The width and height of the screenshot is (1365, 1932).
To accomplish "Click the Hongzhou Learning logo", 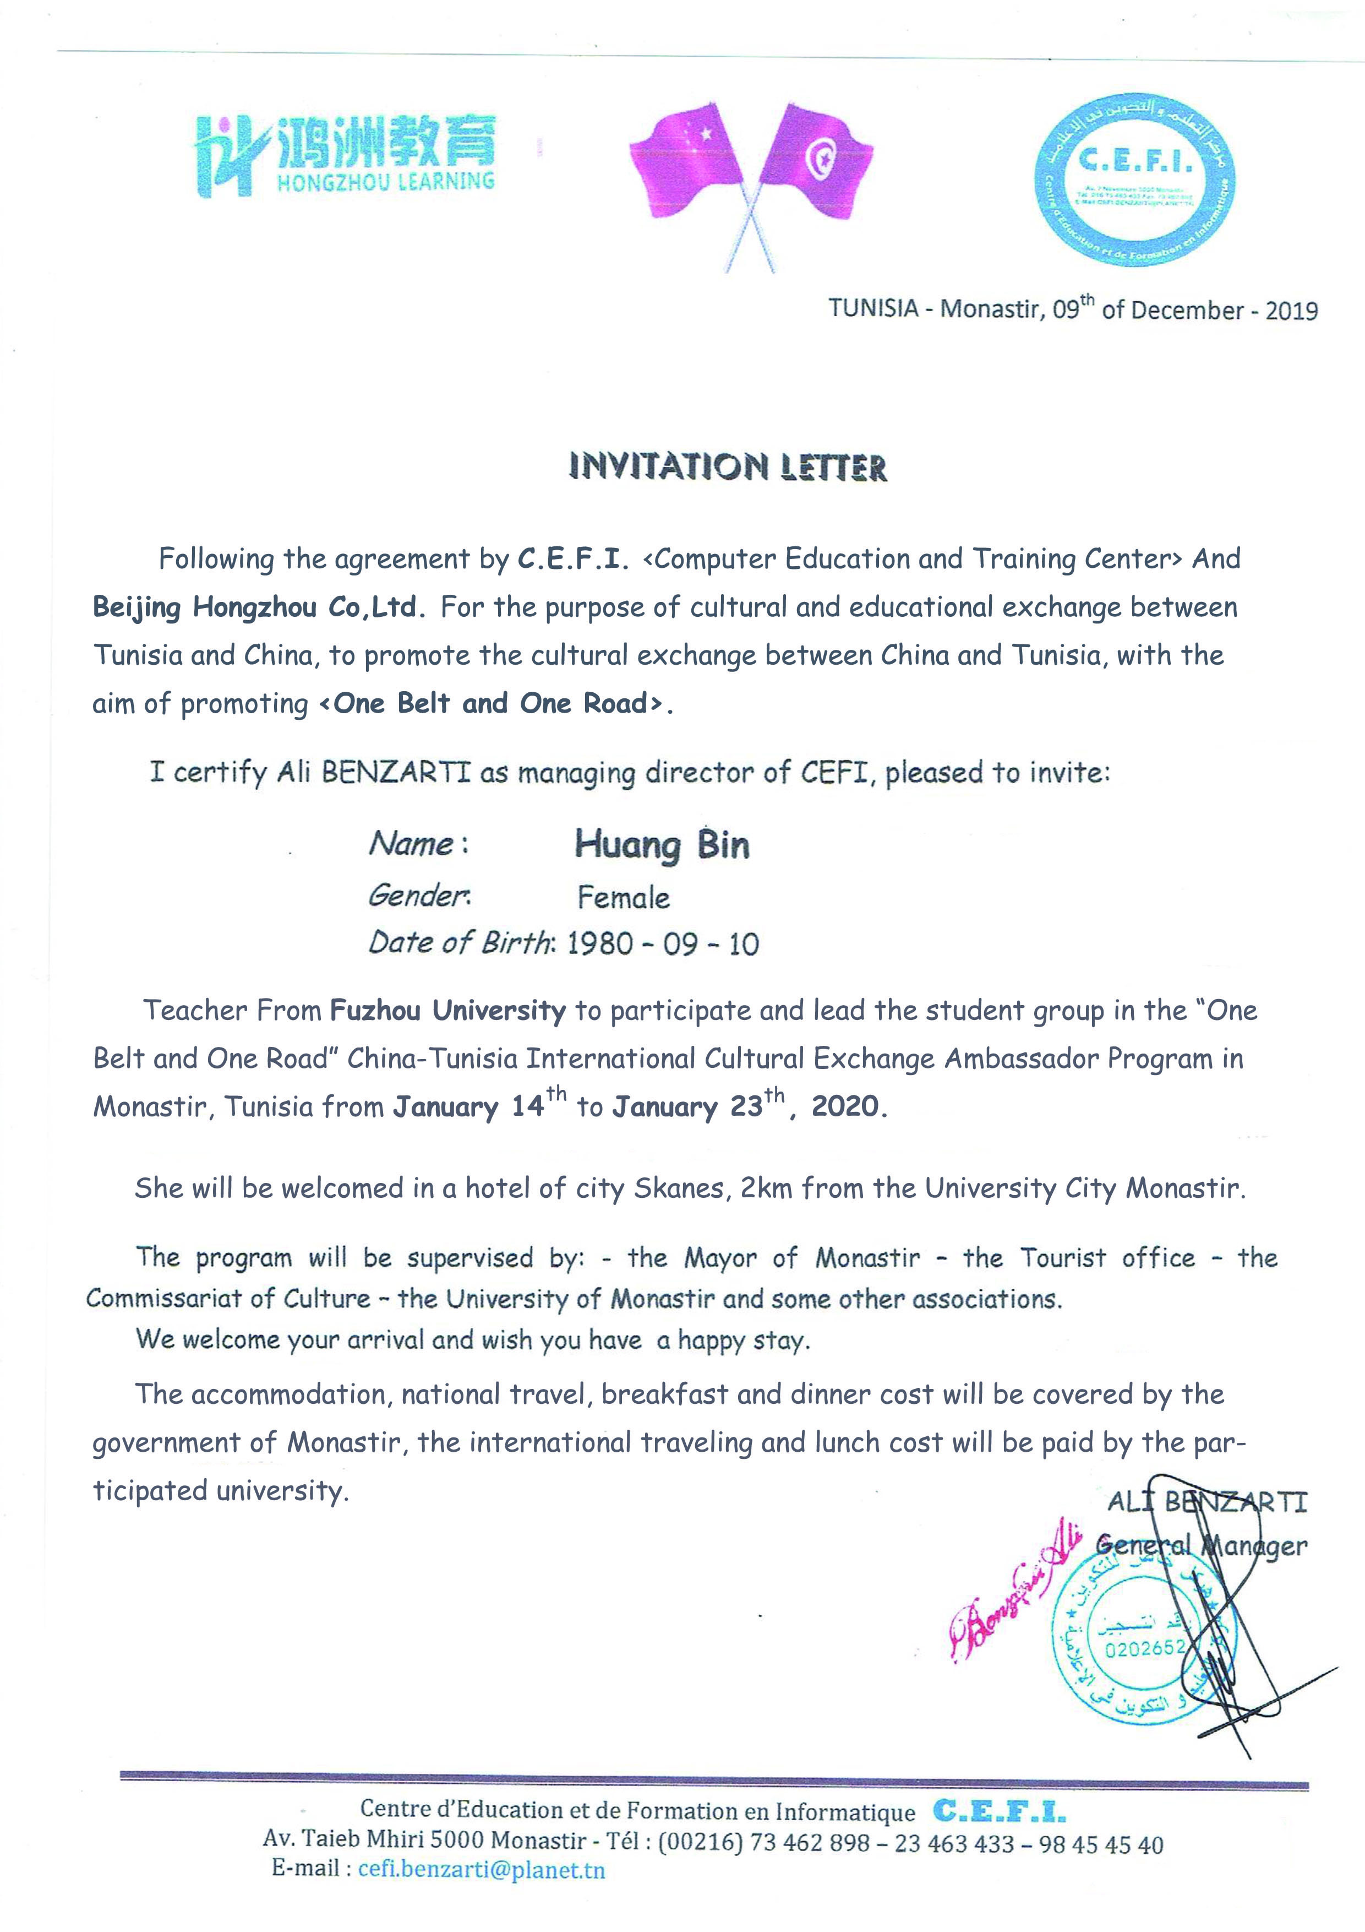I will [x=344, y=156].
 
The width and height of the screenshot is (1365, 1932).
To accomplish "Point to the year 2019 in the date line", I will [x=1291, y=311].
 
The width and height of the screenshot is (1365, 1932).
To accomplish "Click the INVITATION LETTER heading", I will [x=728, y=467].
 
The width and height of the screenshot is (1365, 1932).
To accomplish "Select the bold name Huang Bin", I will [x=662, y=845].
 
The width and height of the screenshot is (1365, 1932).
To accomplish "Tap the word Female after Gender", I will [x=623, y=898].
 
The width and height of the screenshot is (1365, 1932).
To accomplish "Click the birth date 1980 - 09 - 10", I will [x=663, y=944].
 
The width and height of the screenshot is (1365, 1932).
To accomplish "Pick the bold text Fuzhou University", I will [x=447, y=1011].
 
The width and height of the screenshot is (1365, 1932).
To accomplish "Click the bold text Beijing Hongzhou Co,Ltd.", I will [x=255, y=607].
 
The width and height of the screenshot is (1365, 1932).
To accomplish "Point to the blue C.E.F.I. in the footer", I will [x=999, y=1833].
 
